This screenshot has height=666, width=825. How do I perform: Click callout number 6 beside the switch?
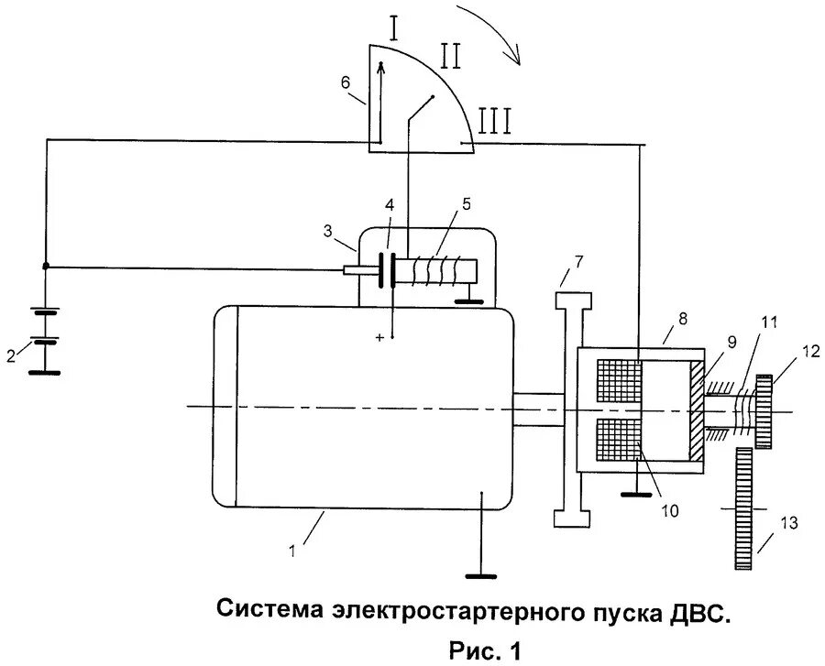(345, 82)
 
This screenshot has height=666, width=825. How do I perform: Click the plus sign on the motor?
(379, 338)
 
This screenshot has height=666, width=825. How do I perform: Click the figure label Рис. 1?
(484, 650)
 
